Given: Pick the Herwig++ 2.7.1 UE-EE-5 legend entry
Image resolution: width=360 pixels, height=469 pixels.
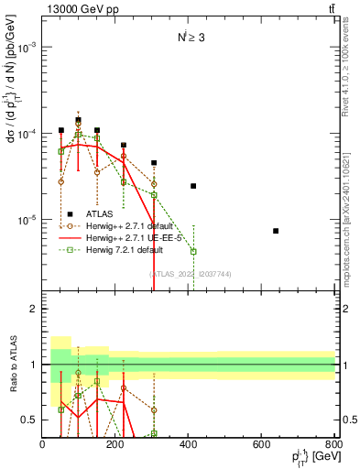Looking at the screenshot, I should point(126,236).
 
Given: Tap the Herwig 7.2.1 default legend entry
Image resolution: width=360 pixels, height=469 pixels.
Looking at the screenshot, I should point(119,249).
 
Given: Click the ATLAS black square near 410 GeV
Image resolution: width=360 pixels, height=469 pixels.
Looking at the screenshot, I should point(193,186).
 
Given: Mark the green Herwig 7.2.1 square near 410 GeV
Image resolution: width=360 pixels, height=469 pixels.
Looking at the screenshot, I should point(193,251).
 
